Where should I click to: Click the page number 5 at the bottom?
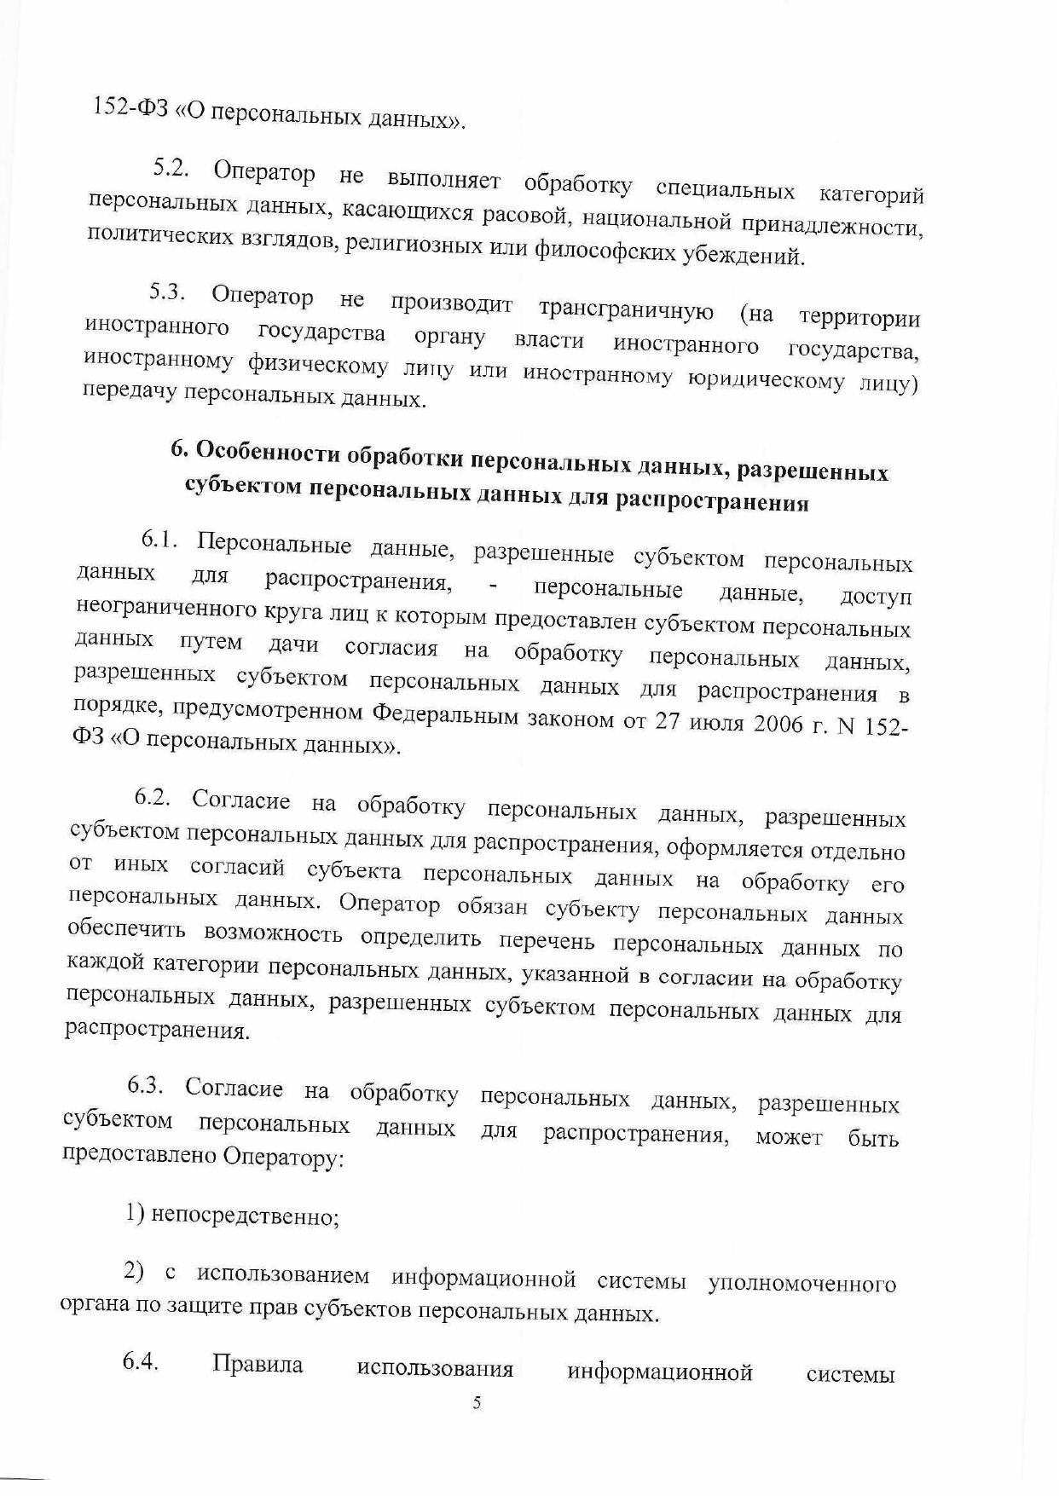(x=477, y=1403)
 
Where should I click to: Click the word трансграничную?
(x=626, y=309)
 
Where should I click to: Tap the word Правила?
(x=258, y=1364)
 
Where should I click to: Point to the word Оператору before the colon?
(x=283, y=1158)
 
